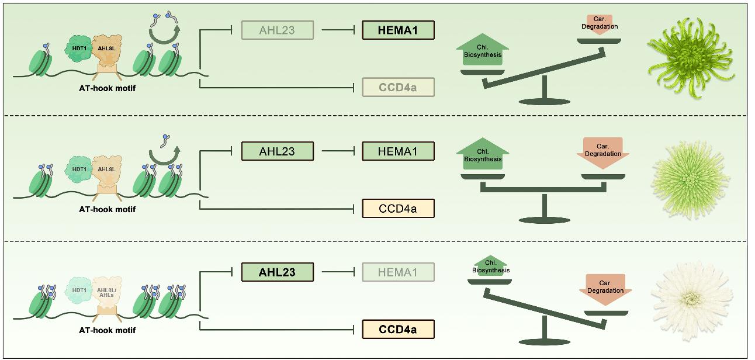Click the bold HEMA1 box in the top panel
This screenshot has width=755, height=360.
click(x=398, y=30)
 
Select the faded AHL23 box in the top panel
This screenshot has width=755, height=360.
click(x=278, y=30)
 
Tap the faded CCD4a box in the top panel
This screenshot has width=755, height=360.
click(x=398, y=87)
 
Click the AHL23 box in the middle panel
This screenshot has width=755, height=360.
click(x=278, y=151)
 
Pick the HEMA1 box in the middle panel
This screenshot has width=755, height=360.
click(x=398, y=151)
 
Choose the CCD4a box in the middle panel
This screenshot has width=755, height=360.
click(x=398, y=208)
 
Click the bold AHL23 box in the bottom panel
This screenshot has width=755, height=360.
click(x=278, y=272)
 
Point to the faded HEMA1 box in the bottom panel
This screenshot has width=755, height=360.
click(x=398, y=272)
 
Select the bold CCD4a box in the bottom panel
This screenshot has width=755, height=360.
click(x=398, y=330)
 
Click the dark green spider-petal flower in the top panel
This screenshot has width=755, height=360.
click(x=691, y=58)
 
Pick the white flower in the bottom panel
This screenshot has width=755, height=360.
click(x=692, y=299)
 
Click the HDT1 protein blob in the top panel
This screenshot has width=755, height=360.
click(x=79, y=49)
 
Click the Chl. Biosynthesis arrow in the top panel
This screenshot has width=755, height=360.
click(x=483, y=50)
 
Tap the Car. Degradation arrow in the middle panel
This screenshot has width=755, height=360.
click(x=603, y=153)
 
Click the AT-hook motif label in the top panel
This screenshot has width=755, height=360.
click(x=107, y=88)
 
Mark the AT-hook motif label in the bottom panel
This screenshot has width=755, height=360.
click(x=107, y=330)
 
